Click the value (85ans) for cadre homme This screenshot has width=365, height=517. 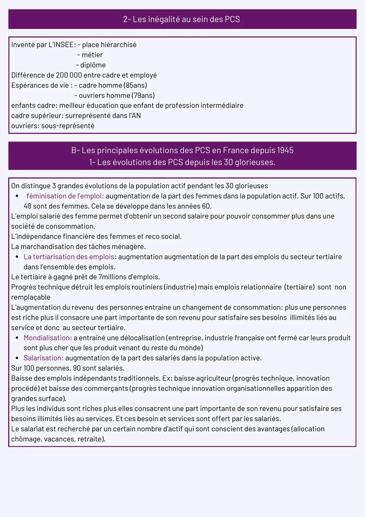pyautogui.click(x=136, y=85)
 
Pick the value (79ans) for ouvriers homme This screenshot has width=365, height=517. pyautogui.click(x=144, y=95)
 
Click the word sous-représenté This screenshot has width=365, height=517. pyautogui.click(x=68, y=126)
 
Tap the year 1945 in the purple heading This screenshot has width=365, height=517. pyautogui.click(x=285, y=150)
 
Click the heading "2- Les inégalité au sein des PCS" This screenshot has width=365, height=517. pyautogui.click(x=181, y=19)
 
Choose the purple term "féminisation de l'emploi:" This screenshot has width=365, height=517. pyautogui.click(x=65, y=196)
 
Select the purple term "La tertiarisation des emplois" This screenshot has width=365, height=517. pyautogui.click(x=69, y=257)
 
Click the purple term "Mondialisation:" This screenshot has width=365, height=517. pyautogui.click(x=48, y=338)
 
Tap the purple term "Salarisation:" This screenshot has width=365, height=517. pyautogui.click(x=44, y=358)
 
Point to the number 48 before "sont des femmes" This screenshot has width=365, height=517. pyautogui.click(x=27, y=206)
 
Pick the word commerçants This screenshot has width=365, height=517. pyautogui.click(x=106, y=388)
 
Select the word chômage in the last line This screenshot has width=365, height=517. pyautogui.click(x=25, y=439)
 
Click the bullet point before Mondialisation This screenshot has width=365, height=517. pyautogui.click(x=17, y=338)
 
